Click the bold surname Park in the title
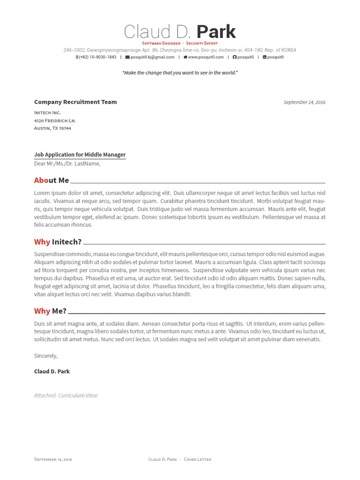[x=216, y=32]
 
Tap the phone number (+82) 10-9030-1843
[x=97, y=57]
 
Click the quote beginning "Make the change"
[x=180, y=73]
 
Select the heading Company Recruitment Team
[x=75, y=102]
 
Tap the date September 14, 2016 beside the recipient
[x=304, y=102]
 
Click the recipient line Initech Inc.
[x=47, y=113]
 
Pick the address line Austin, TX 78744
[x=52, y=128]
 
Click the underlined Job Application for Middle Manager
[x=80, y=155]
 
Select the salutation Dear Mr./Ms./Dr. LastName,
[x=67, y=164]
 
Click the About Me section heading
[x=52, y=180]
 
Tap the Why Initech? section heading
[x=58, y=242]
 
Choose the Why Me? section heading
[x=50, y=311]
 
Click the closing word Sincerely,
[x=46, y=356]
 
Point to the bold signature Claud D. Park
[x=52, y=371]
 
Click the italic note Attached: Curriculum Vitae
[x=66, y=396]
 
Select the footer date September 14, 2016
[x=53, y=459]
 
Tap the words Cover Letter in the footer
[x=197, y=459]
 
